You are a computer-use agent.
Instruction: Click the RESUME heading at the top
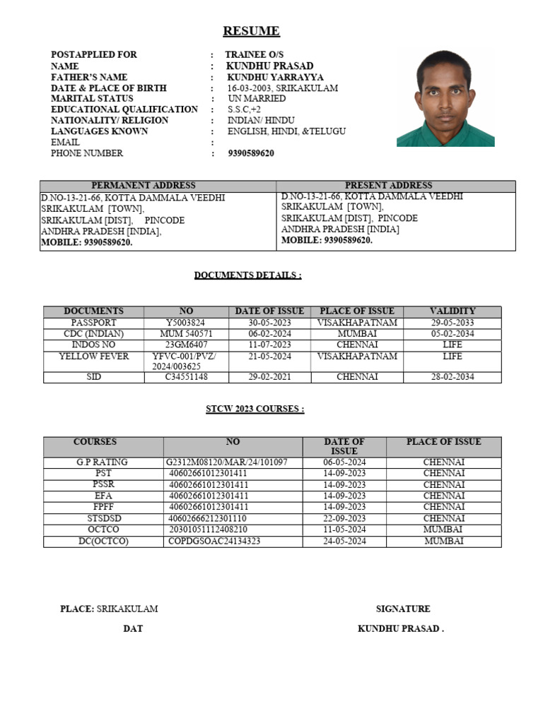coord(251,31)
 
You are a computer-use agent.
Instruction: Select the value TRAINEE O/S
coord(254,55)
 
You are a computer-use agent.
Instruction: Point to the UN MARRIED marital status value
coord(257,99)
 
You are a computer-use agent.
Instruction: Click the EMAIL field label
coord(65,142)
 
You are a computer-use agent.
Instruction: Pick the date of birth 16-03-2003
coord(250,88)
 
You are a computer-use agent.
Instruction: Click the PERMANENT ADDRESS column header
coord(144,186)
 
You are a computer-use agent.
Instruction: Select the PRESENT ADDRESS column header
coord(388,186)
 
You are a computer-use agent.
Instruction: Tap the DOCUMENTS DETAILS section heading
coord(247,275)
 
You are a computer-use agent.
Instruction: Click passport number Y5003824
coord(185,323)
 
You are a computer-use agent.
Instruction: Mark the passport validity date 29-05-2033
coord(452,323)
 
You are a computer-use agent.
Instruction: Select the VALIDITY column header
coord(452,311)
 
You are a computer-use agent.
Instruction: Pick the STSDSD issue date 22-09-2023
coord(344,518)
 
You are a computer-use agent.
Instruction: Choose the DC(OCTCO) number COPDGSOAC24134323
coord(214,541)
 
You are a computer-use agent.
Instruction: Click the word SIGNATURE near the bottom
coord(402,609)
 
